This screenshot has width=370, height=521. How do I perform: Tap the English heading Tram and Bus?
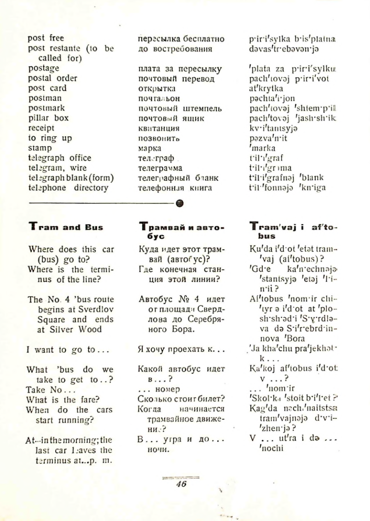66,227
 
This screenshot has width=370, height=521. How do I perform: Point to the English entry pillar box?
48,118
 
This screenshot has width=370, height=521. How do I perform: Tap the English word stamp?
40,148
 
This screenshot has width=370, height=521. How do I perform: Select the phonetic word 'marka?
261,148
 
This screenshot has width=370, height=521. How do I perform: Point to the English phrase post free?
46,38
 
